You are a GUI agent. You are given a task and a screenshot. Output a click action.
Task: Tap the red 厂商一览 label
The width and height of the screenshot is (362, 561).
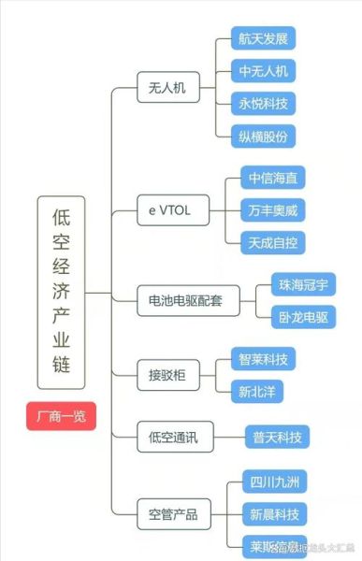tap(62, 416)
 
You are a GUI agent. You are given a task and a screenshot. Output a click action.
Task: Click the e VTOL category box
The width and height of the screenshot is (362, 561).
tap(169, 210)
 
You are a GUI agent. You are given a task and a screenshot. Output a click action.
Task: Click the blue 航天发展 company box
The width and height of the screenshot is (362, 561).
tap(263, 38)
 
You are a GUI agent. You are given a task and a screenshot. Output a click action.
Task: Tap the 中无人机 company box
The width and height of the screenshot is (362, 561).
tap(263, 71)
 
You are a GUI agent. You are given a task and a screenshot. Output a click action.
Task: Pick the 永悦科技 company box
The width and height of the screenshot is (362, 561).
tap(263, 103)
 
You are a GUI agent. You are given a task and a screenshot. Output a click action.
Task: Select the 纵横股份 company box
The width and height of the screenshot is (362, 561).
tap(263, 136)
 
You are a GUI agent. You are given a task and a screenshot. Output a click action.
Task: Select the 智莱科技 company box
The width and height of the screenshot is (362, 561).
tap(263, 357)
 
